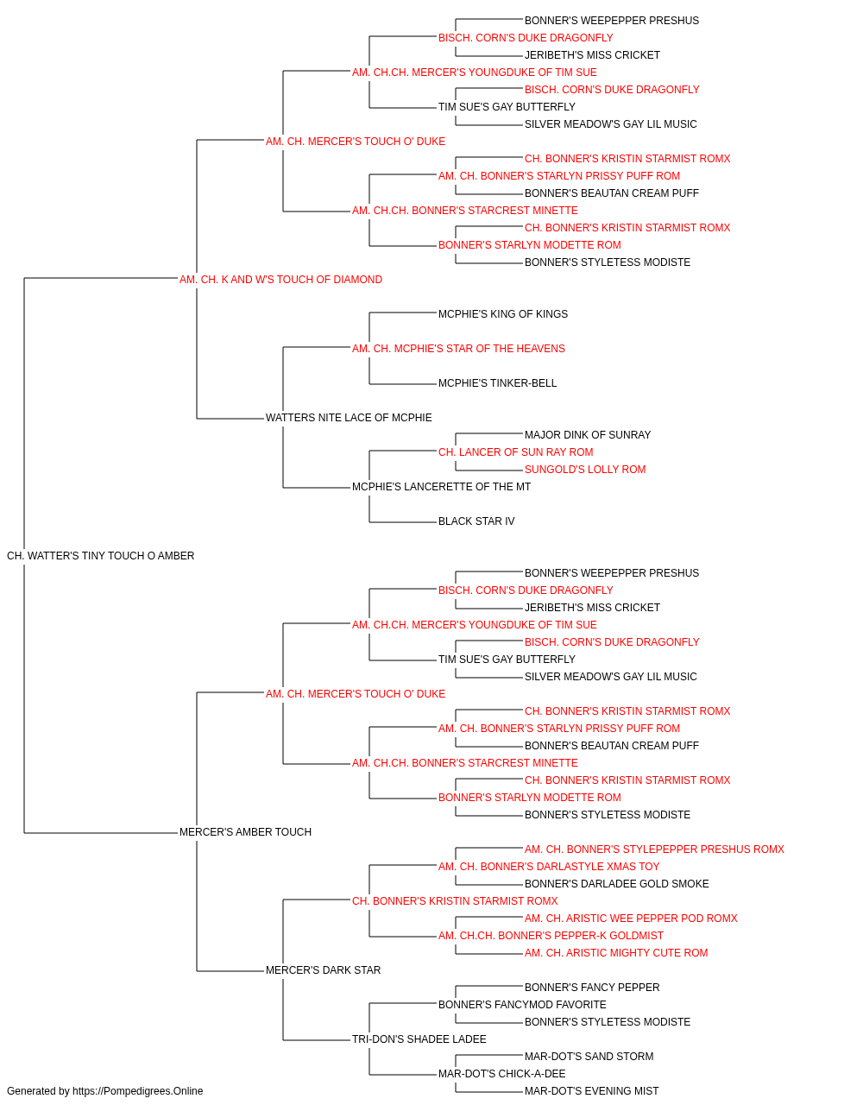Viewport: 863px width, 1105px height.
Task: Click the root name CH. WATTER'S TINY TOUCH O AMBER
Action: tap(101, 556)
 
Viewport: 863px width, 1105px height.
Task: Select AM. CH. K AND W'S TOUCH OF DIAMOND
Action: tap(280, 280)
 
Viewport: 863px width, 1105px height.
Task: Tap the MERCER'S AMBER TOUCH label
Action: tap(245, 832)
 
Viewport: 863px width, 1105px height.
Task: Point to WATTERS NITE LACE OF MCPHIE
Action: tap(349, 418)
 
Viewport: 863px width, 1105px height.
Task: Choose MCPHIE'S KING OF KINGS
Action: tap(503, 314)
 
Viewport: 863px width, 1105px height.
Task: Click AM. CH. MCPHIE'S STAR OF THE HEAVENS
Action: tap(458, 349)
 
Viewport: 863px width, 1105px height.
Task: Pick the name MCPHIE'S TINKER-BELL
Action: tap(498, 383)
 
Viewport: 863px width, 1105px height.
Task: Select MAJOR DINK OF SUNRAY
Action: tap(588, 435)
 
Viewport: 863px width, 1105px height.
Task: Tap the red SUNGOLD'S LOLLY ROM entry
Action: tap(585, 470)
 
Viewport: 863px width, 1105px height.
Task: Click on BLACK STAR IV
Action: tap(476, 521)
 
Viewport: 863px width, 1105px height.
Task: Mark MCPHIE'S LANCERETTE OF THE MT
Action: tap(441, 487)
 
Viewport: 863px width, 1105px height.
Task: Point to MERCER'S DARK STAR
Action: tap(324, 970)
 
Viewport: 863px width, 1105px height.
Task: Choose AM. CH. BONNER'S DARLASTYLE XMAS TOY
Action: tap(548, 867)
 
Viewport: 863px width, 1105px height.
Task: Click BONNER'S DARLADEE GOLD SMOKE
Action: tap(616, 884)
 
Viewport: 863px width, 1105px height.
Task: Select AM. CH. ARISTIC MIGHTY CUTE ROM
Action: tap(616, 953)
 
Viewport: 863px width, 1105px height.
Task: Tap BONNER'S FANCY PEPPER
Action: tap(592, 988)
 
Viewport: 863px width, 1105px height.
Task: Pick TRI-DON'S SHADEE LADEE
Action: tap(419, 1039)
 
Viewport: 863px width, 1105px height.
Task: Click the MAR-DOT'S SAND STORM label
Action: tap(589, 1057)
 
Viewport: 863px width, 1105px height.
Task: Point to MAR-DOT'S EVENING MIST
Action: tap(592, 1091)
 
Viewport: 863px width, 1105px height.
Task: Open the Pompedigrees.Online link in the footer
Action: tap(138, 1091)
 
